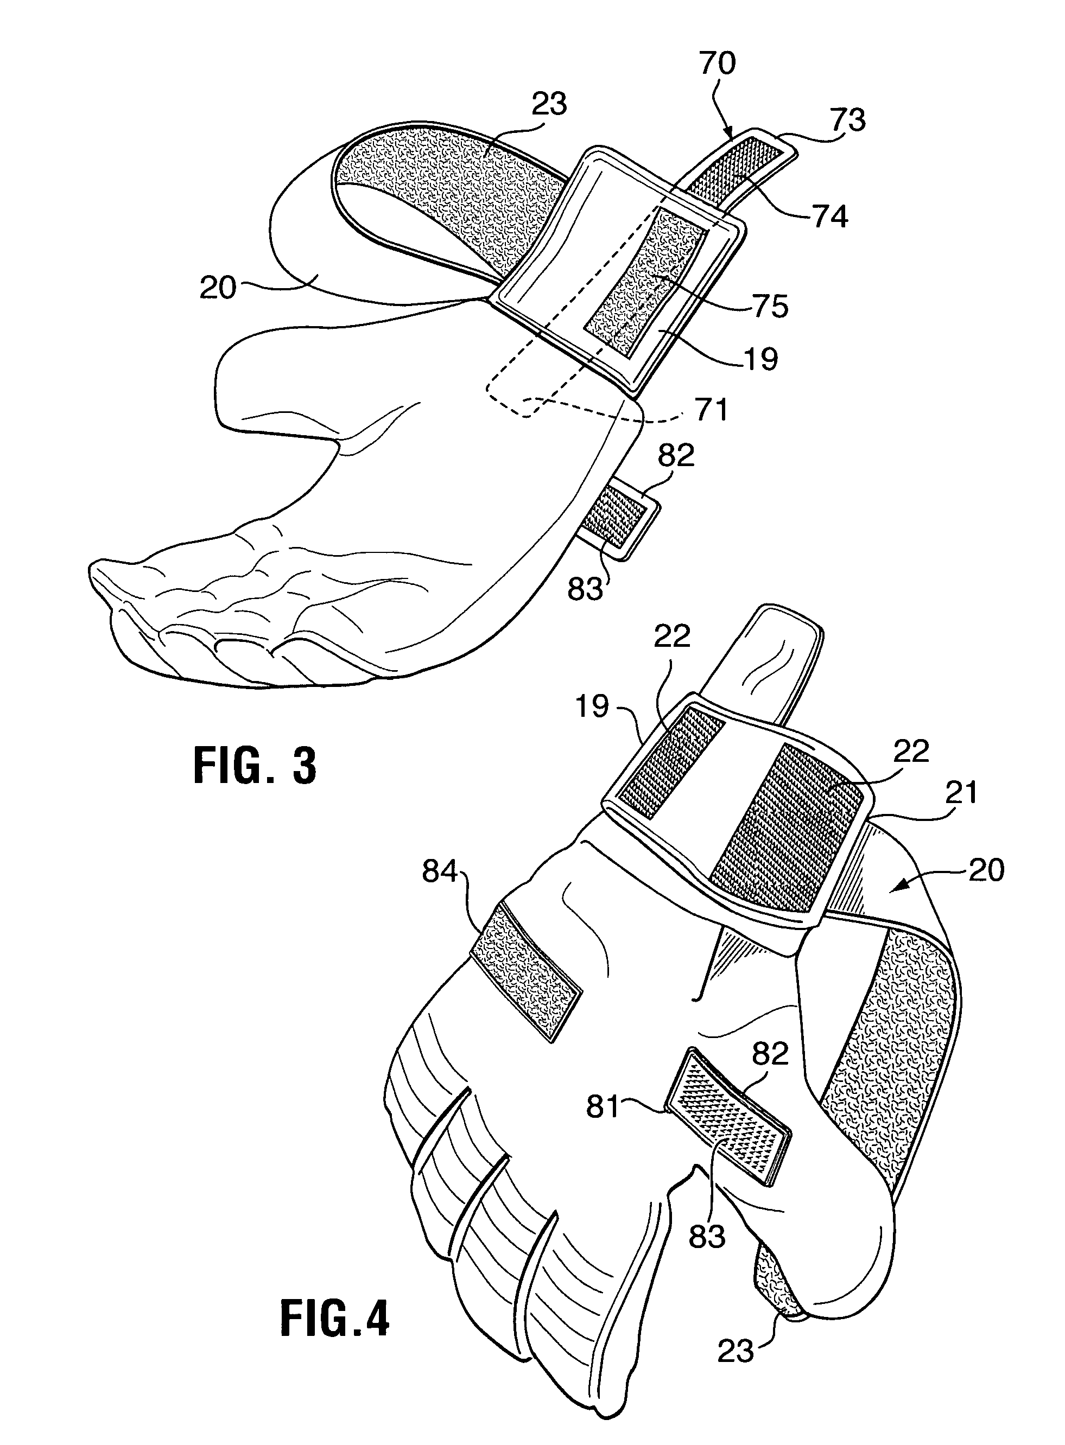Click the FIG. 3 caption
point(255,765)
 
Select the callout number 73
point(847,120)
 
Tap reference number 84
point(440,872)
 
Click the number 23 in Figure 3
point(549,104)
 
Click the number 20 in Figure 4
point(986,871)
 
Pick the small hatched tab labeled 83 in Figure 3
point(616,519)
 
